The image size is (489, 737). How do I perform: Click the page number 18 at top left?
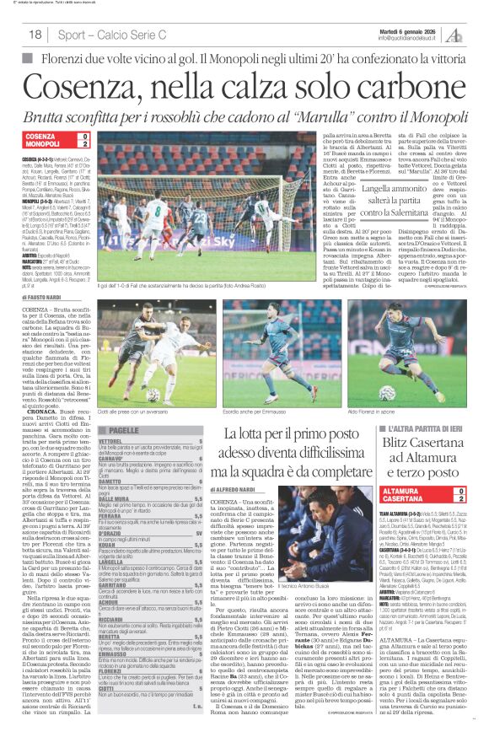pyautogui.click(x=35, y=35)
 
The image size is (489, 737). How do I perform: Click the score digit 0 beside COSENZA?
pyautogui.click(x=84, y=136)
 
